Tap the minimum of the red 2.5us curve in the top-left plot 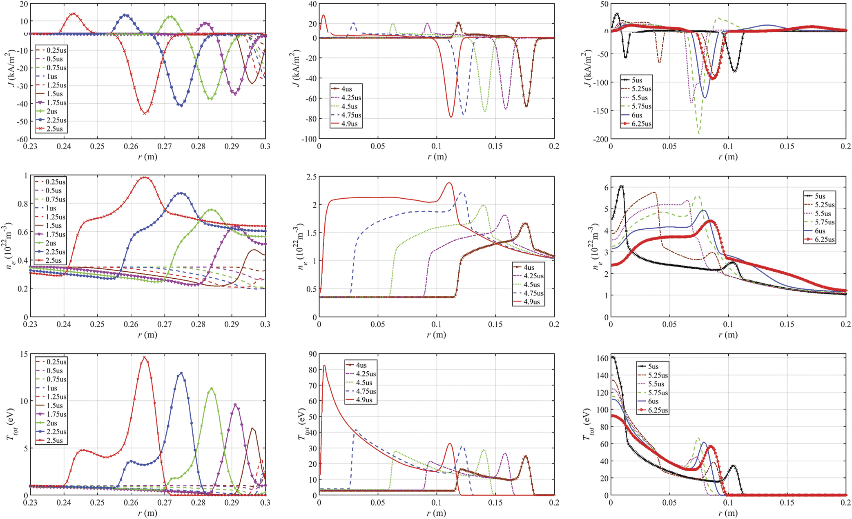(145, 113)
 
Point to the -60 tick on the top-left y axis (22, 139)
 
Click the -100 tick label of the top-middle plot (309, 139)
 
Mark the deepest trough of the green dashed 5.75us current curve (699, 133)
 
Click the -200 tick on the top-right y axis (600, 139)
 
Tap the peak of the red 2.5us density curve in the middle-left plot (145, 177)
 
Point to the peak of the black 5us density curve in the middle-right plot (621, 186)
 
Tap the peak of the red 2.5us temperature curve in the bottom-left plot (144, 357)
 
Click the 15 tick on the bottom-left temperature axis (24, 354)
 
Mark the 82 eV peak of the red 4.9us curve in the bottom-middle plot (324, 366)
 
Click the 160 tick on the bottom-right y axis (603, 358)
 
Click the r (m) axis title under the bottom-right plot (728, 513)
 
